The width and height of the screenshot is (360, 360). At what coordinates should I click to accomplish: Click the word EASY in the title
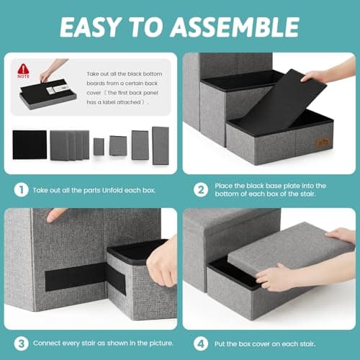(x=89, y=27)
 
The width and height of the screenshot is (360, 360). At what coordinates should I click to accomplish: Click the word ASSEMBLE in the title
(x=235, y=27)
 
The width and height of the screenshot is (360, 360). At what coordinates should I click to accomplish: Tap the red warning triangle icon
(x=23, y=68)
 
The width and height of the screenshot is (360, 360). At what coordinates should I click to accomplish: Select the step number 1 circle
(x=21, y=190)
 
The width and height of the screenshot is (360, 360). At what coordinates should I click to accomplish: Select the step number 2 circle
(x=201, y=190)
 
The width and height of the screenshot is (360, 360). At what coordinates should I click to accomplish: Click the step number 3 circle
(x=21, y=343)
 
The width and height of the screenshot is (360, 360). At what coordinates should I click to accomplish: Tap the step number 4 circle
(x=201, y=343)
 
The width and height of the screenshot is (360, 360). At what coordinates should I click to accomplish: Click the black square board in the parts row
(x=30, y=145)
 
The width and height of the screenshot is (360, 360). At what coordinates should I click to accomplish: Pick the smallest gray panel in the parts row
(x=99, y=147)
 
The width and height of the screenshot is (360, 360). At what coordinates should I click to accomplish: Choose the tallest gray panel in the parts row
(x=161, y=145)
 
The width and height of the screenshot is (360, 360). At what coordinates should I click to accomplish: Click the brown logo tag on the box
(x=323, y=143)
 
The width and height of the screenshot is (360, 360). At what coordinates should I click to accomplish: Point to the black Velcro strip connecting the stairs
(x=85, y=279)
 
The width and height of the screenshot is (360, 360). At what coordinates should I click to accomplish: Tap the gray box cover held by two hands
(x=290, y=250)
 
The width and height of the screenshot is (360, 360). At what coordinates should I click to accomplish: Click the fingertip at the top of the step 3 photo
(x=55, y=215)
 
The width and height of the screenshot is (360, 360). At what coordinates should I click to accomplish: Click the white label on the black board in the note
(x=57, y=89)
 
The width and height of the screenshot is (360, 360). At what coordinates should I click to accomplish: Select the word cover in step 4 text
(x=261, y=344)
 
